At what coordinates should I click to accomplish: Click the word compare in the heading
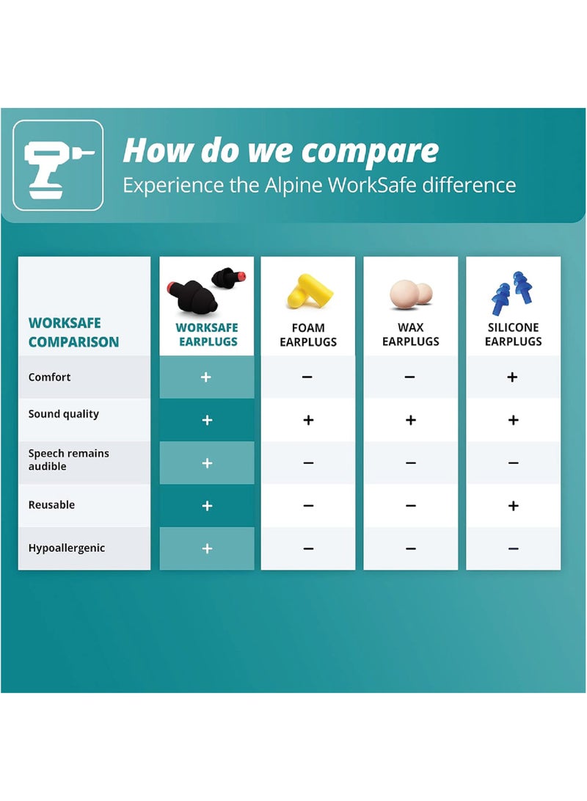370,152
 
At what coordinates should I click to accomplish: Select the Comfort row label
49,377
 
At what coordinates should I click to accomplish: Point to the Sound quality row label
64,414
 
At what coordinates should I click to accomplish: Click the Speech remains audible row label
69,460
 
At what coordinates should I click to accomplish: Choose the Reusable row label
51,504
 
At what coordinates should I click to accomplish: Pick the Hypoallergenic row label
67,548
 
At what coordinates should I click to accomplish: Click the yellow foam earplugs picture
310,291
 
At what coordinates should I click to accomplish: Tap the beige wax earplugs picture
411,294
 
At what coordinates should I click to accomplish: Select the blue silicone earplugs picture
512,293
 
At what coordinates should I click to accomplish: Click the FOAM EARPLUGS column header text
308,335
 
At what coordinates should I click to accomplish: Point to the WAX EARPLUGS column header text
411,334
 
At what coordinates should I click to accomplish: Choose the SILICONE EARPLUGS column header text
514,334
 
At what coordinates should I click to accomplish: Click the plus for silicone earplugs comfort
512,377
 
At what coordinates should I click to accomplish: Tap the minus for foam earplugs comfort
307,377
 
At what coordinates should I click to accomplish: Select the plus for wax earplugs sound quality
411,420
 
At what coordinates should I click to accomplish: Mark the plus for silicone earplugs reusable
514,506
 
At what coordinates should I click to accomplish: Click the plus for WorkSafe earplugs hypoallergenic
207,548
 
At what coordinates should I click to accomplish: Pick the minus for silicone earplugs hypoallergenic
514,548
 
